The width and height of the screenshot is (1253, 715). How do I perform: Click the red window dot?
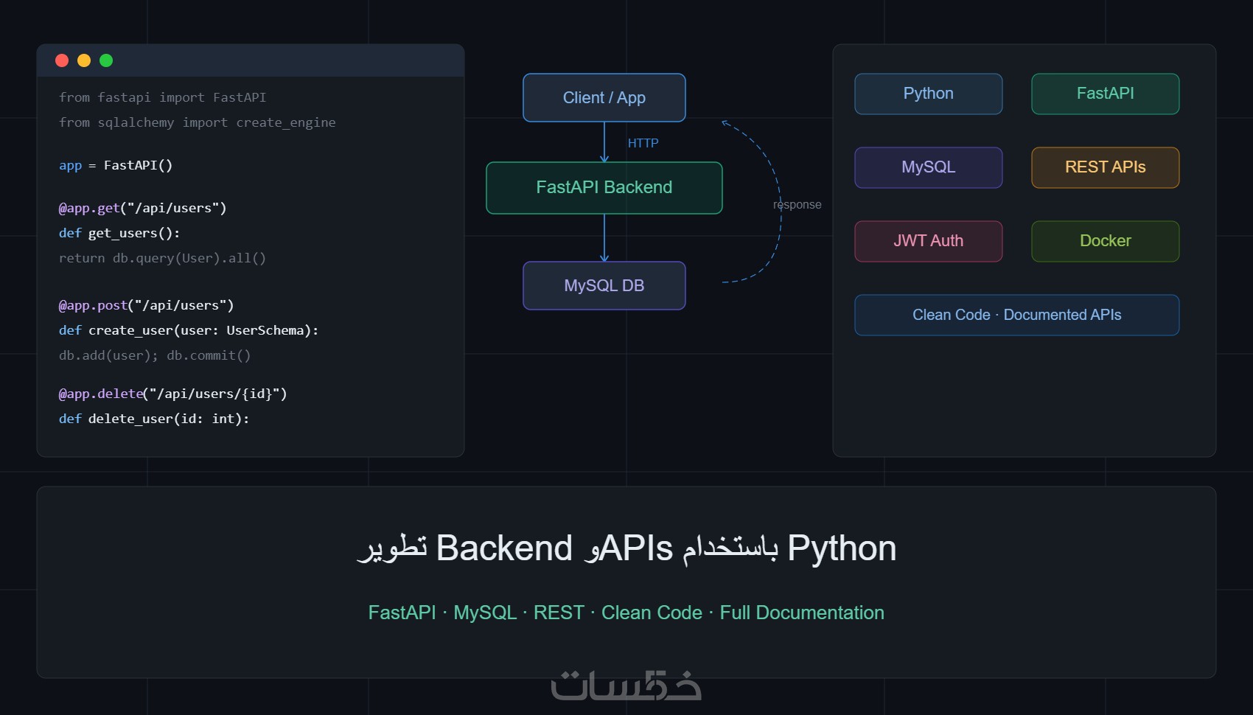point(62,60)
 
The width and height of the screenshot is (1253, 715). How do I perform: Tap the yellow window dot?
point(84,60)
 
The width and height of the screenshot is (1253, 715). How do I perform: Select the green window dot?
point(106,60)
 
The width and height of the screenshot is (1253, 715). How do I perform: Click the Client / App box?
point(604,97)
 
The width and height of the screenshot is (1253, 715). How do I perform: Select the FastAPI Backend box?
point(604,187)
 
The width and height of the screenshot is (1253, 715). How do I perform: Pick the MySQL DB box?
point(604,285)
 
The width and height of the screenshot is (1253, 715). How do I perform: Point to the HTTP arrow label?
point(643,143)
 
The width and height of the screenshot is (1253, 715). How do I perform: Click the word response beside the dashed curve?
point(797,205)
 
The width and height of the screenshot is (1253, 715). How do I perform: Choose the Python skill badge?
point(929,94)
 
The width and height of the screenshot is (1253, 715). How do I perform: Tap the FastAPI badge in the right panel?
point(1106,94)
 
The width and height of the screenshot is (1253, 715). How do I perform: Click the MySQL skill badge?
point(929,167)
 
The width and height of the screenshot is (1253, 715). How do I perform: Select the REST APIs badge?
point(1106,167)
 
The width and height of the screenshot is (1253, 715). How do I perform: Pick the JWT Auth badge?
point(929,241)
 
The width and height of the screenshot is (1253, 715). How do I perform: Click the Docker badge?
point(1106,241)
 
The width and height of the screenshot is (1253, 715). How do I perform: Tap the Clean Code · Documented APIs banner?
point(1017,315)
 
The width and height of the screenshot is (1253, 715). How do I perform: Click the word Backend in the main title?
point(504,548)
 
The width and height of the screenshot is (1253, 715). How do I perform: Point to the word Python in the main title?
point(842,548)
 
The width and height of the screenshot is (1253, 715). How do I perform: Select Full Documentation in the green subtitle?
point(802,613)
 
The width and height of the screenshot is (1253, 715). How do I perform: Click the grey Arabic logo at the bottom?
point(626,686)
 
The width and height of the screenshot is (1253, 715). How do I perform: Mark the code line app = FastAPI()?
point(116,165)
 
